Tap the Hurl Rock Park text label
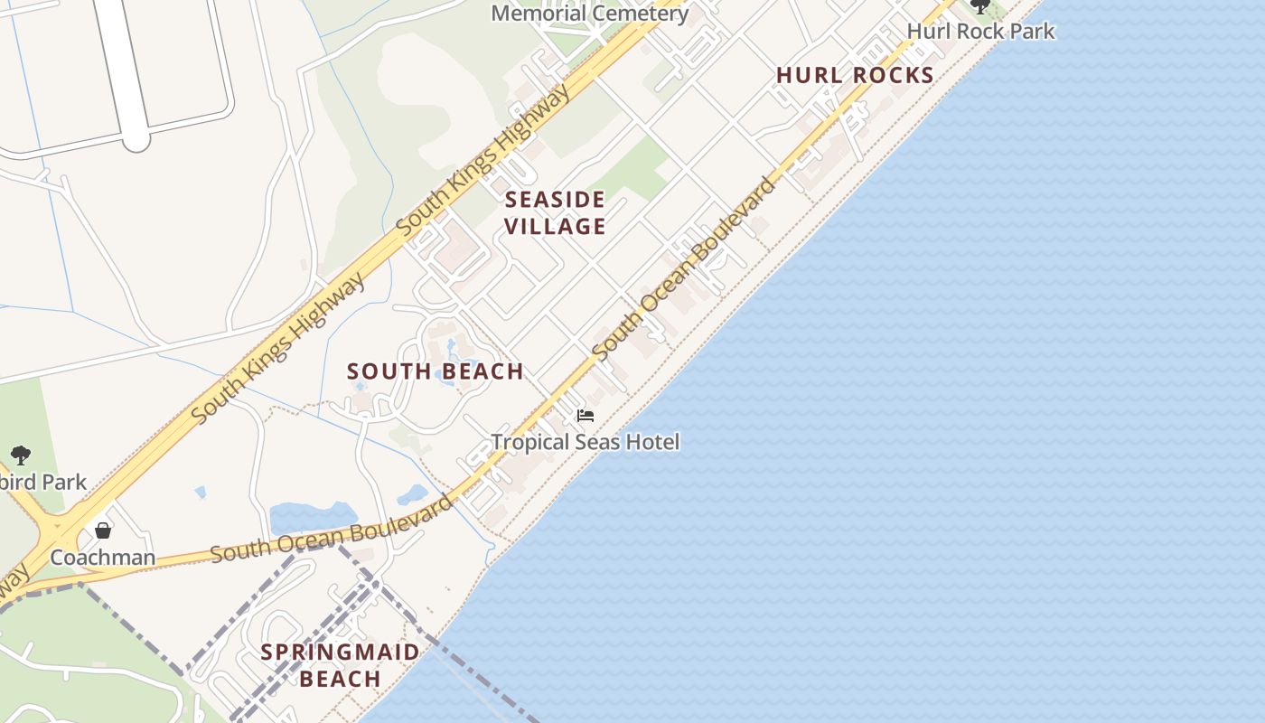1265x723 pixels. point(980,31)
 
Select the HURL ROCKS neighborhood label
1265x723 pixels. point(855,75)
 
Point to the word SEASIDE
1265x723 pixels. point(555,199)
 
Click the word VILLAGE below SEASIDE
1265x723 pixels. point(555,226)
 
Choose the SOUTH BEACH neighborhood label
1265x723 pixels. point(436,371)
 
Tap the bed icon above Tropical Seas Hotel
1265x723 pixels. point(586,416)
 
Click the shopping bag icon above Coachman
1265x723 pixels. point(103,530)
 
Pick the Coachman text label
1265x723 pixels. point(103,557)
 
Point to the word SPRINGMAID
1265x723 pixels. point(341,652)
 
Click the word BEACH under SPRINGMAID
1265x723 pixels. point(341,679)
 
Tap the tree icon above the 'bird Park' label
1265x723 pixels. point(20,455)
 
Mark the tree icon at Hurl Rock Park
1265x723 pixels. point(980,7)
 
